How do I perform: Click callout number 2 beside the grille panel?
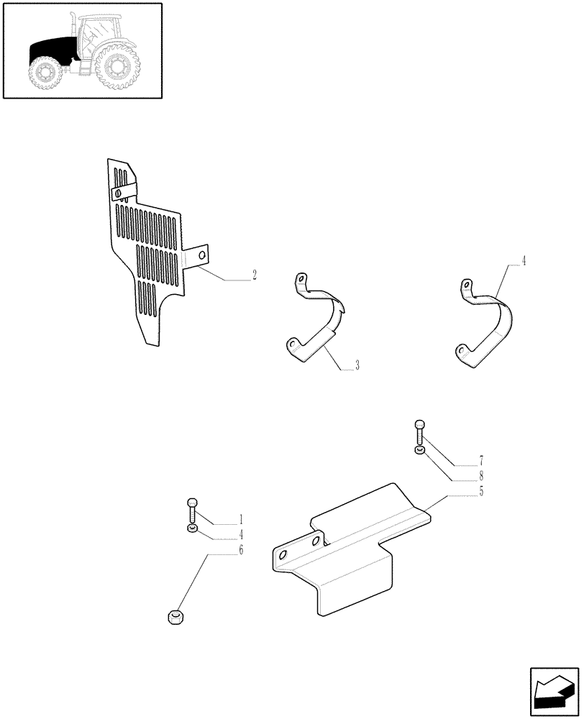click(255, 275)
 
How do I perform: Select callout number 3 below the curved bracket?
click(357, 366)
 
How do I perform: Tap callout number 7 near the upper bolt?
click(481, 459)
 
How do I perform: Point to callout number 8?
click(481, 475)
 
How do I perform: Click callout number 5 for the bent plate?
click(481, 491)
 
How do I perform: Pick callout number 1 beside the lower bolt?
click(240, 519)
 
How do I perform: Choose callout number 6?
click(240, 550)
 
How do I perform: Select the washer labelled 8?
click(420, 450)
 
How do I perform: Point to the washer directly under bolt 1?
click(192, 529)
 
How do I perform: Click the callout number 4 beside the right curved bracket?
click(524, 261)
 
